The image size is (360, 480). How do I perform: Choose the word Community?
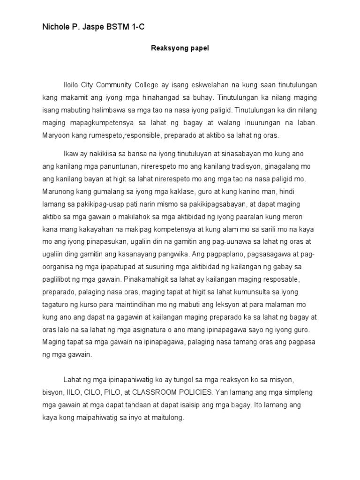(x=124, y=85)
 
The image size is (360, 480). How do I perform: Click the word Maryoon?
(x=56, y=135)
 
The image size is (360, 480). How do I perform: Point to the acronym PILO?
(x=113, y=391)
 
